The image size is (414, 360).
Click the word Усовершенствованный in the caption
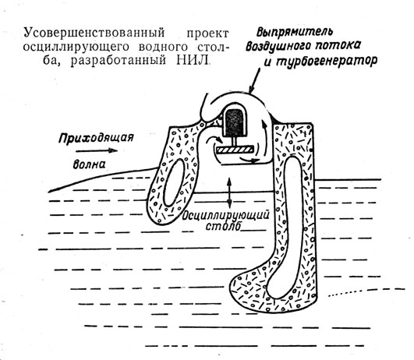tap(94, 33)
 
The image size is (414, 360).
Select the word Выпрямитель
tap(295, 32)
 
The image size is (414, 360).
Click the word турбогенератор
tap(327, 62)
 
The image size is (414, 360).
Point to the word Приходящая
tap(96, 138)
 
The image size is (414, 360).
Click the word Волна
tap(89, 164)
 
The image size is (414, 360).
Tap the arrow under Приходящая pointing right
tap(97, 150)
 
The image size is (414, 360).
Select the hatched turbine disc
tap(235, 150)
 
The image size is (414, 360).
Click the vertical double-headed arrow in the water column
tap(229, 193)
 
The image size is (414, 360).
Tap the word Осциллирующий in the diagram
tap(226, 215)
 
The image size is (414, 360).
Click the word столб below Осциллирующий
tap(223, 227)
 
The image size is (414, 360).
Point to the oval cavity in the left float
tap(174, 182)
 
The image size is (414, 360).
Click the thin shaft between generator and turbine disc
tap(234, 142)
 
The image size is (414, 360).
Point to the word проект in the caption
tap(208, 34)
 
